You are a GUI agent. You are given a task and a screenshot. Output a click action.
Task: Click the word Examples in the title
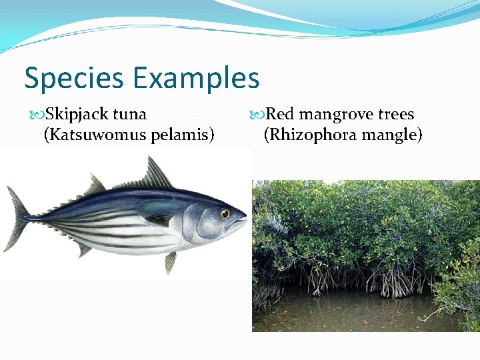196,79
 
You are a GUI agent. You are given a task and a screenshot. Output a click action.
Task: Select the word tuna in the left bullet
130,115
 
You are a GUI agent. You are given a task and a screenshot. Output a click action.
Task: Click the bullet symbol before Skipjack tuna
37,115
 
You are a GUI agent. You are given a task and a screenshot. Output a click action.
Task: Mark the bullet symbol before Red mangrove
258,115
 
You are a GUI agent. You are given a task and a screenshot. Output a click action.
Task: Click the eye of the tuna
225,213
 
